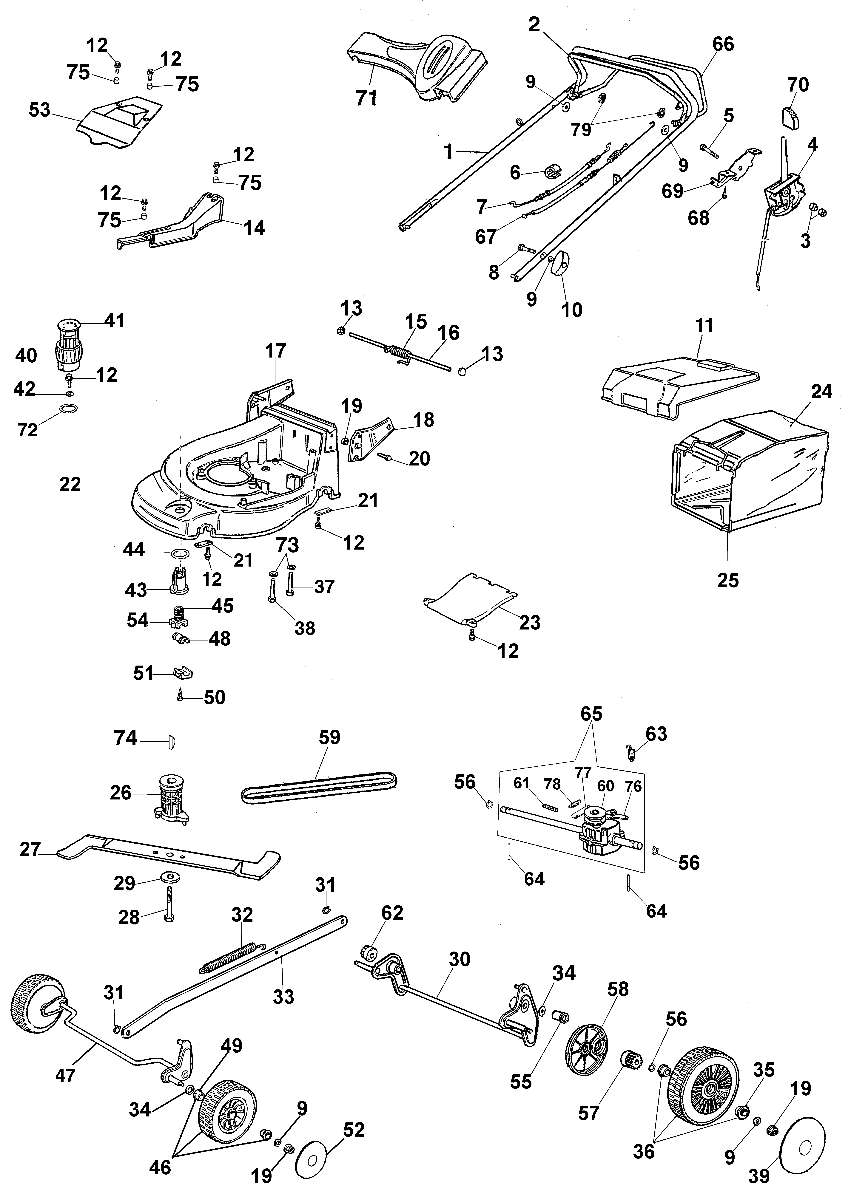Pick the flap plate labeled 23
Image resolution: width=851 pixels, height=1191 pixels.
pyautogui.click(x=469, y=600)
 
